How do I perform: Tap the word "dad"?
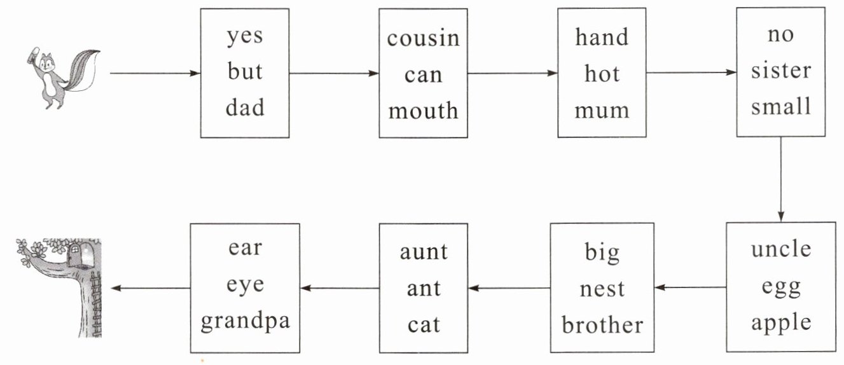point(245,108)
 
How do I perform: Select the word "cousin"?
point(423,38)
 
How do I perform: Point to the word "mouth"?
point(423,111)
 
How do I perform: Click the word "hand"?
point(601,38)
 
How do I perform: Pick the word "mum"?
point(601,111)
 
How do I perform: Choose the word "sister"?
point(780,71)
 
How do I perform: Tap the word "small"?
point(780,106)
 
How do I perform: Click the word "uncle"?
point(780,250)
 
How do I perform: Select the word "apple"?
point(780,322)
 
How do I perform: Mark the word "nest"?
point(602,290)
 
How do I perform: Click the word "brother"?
point(602,326)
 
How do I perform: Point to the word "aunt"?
point(423,252)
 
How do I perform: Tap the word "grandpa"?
point(245,320)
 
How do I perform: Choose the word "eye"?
point(245,285)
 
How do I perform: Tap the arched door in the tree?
point(76,254)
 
